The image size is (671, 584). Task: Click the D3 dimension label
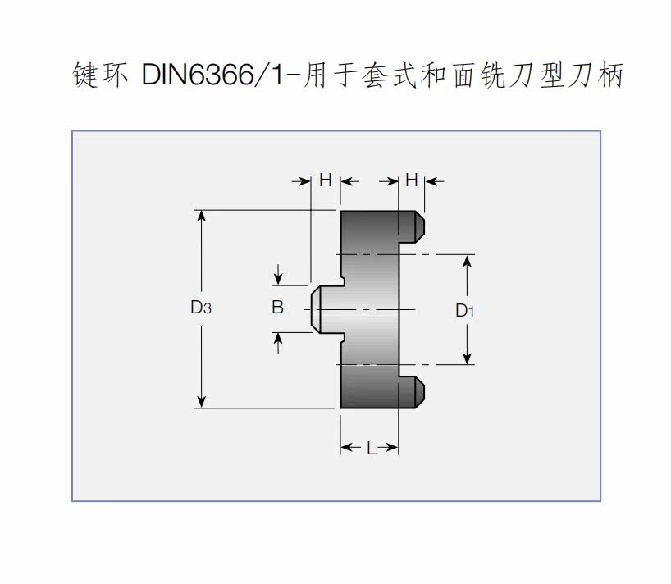click(201, 308)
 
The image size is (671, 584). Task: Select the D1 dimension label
click(465, 310)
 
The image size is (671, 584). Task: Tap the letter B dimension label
click(277, 308)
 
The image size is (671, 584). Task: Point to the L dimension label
click(371, 448)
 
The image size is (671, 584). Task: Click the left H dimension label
click(325, 180)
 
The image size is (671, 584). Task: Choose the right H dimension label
click(412, 180)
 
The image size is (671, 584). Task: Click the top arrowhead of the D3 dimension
click(201, 216)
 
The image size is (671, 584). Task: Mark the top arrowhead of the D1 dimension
click(468, 261)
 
